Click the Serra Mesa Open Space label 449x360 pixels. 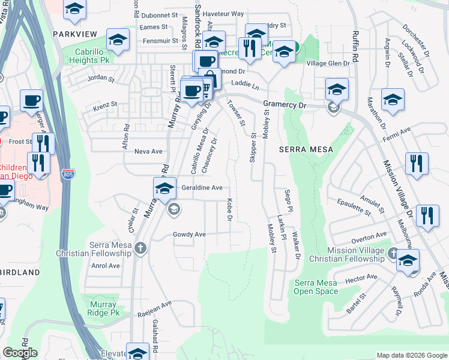click(316, 287)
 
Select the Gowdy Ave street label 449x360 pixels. click(189, 234)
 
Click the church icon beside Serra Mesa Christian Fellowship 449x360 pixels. click(140, 248)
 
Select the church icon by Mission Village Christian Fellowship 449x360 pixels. click(393, 253)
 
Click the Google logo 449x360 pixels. click(20, 353)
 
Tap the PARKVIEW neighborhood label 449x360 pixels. click(75, 34)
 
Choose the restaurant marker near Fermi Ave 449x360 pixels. click(416, 164)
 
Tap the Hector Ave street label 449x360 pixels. click(362, 277)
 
